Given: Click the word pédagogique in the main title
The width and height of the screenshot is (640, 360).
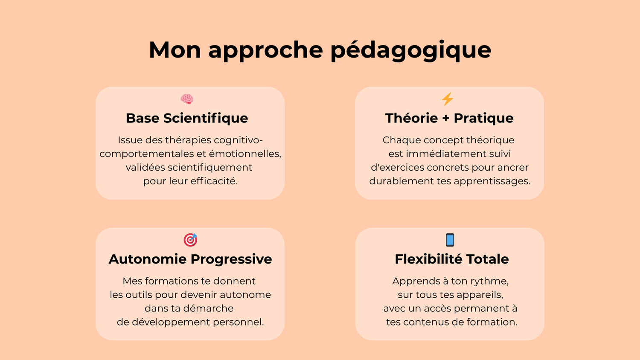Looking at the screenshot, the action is click(411, 51).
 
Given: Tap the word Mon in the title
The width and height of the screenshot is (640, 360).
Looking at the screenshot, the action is click(175, 50).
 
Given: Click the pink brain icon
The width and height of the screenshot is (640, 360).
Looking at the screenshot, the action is click(187, 99).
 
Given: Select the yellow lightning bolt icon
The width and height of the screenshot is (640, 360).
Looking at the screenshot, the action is click(448, 99).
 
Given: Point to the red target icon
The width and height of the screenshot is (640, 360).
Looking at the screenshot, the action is click(190, 240).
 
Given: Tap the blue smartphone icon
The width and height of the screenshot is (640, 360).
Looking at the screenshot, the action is click(450, 240).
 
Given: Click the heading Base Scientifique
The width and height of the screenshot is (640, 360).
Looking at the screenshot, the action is click(187, 118).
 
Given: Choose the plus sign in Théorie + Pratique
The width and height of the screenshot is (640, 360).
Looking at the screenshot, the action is click(446, 118).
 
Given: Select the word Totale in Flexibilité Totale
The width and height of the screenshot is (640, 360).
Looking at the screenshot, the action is click(488, 259).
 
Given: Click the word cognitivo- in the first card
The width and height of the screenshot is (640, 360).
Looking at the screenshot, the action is click(238, 140).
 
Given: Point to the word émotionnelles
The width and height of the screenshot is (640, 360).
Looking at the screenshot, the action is click(245, 154).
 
